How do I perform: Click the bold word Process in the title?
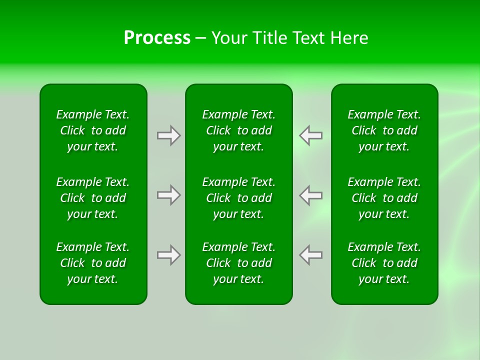157,38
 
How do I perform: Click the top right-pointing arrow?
168,135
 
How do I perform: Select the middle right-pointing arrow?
168,195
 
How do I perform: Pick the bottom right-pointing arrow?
168,255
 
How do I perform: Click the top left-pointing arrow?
311,135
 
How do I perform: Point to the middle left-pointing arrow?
311,195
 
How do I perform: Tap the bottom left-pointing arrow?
311,255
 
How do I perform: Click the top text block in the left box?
93,130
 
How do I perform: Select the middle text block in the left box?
93,198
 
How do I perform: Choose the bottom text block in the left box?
93,263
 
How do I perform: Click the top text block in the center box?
239,130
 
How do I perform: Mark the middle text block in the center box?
239,198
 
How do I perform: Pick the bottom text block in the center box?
239,263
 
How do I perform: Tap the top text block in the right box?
384,130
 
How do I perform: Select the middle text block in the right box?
384,198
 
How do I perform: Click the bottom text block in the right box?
384,263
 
